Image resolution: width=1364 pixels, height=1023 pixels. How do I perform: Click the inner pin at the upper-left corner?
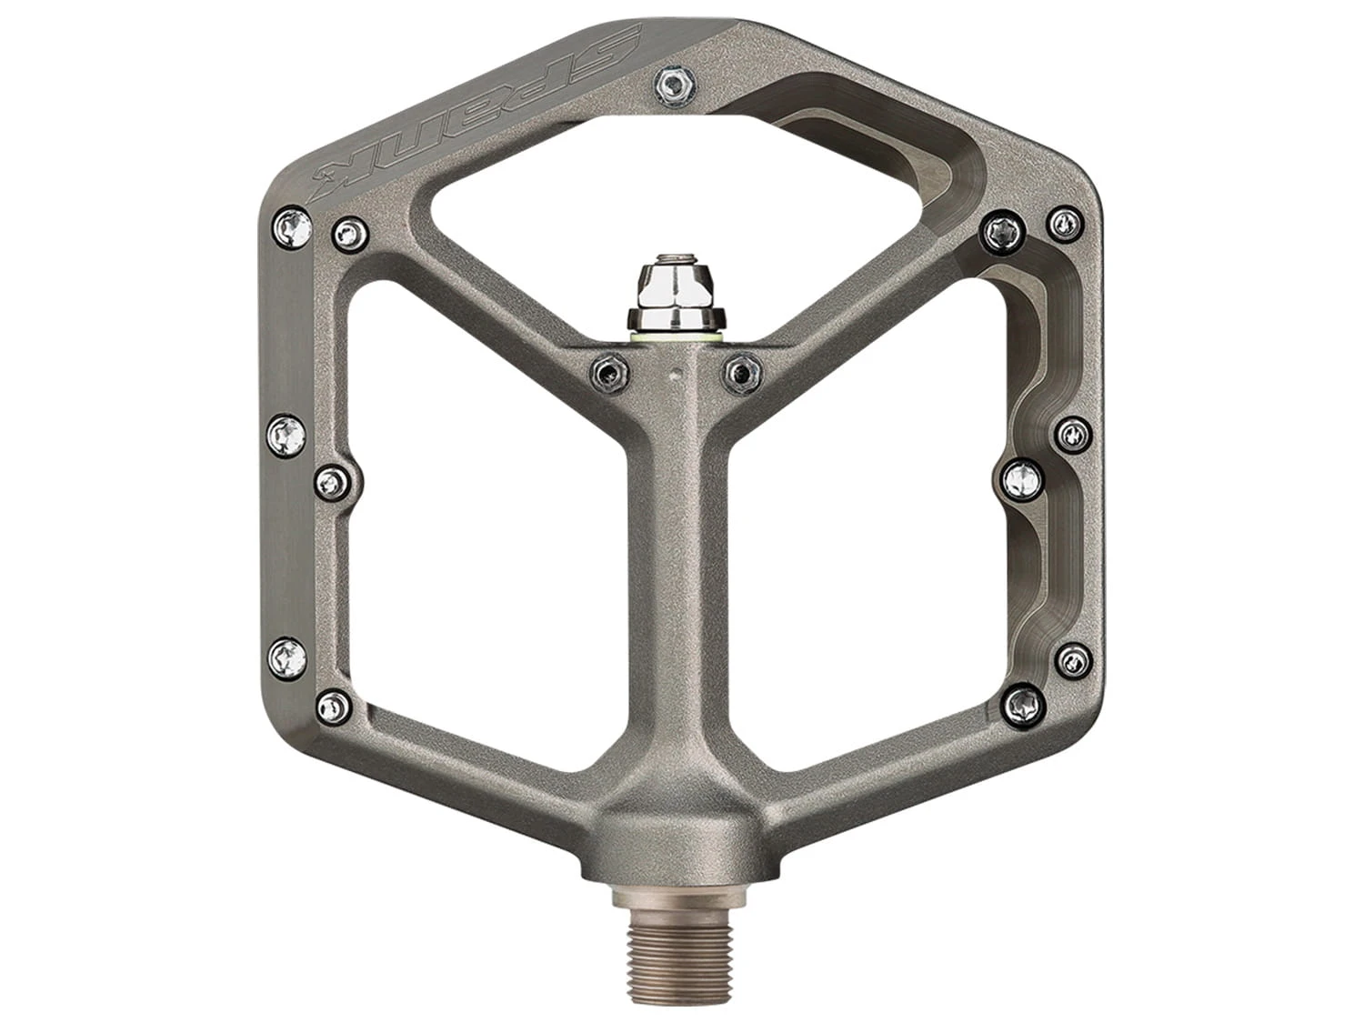tap(351, 234)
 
